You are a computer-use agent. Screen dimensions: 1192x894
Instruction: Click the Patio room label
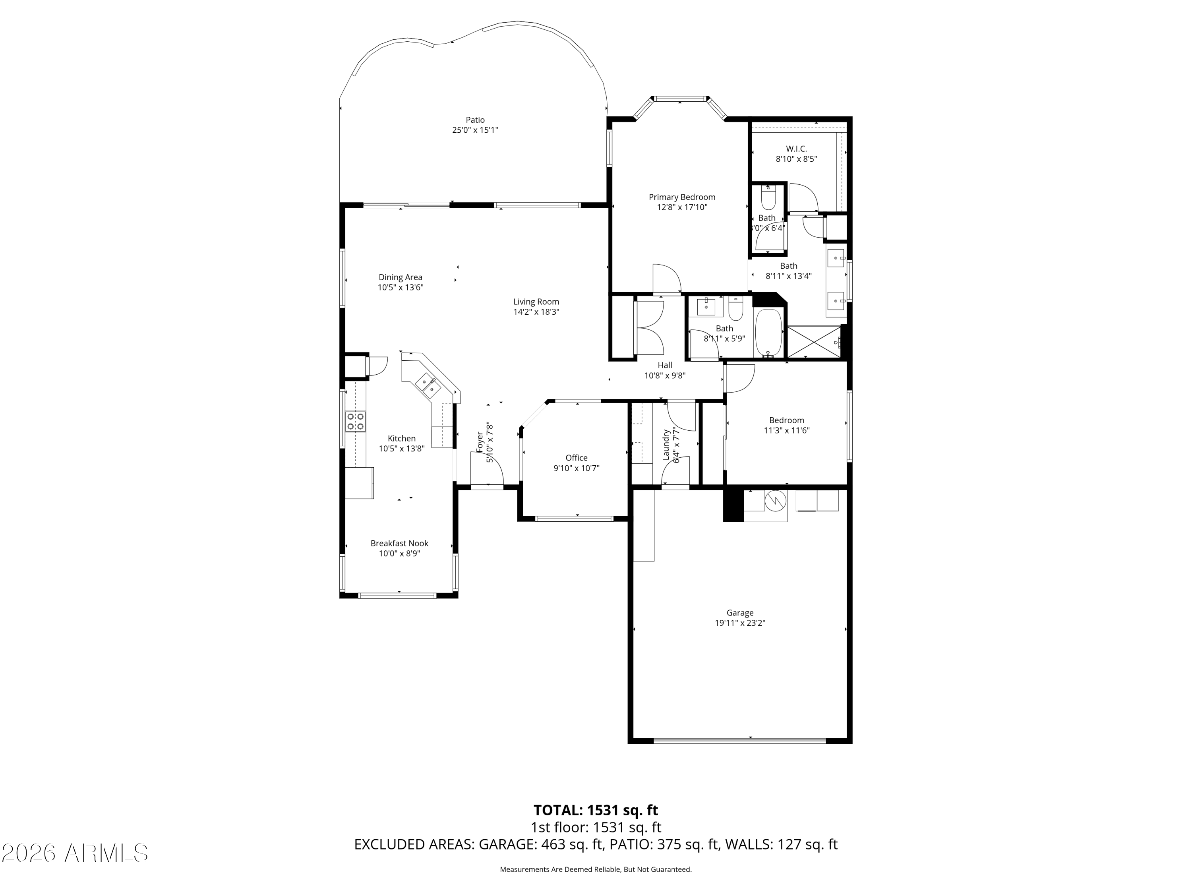pyautogui.click(x=475, y=120)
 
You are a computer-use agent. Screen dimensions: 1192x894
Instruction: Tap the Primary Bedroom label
pyautogui.click(x=682, y=197)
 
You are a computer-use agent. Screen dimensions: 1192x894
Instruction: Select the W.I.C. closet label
pyautogui.click(x=796, y=149)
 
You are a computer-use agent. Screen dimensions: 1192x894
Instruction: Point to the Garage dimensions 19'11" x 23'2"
pyautogui.click(x=740, y=623)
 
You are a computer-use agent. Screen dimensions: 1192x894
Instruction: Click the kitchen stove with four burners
pyautogui.click(x=355, y=421)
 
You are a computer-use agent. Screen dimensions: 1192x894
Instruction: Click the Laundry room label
pyautogui.click(x=666, y=445)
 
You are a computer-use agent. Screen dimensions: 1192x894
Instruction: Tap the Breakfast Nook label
pyautogui.click(x=399, y=543)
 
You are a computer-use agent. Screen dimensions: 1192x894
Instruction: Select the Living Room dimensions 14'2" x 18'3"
pyautogui.click(x=536, y=312)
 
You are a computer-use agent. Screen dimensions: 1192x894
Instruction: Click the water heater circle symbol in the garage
pyautogui.click(x=776, y=501)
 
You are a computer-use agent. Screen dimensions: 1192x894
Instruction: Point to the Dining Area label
pyautogui.click(x=401, y=277)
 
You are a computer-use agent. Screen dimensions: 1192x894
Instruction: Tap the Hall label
pyautogui.click(x=665, y=365)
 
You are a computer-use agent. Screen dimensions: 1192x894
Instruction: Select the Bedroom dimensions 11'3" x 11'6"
pyautogui.click(x=787, y=430)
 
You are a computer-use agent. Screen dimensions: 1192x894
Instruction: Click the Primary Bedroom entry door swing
pyautogui.click(x=667, y=279)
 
